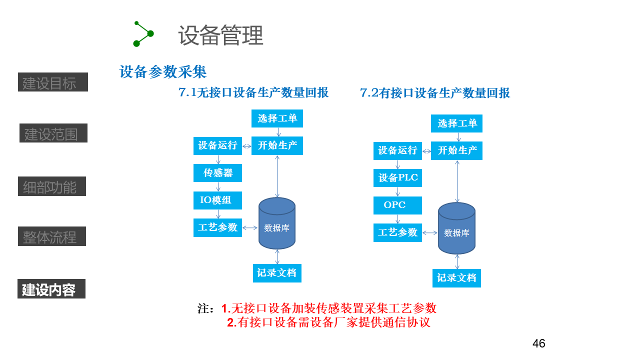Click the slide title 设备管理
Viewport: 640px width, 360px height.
pyautogui.click(x=220, y=35)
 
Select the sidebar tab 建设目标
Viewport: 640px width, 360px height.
pyautogui.click(x=53, y=82)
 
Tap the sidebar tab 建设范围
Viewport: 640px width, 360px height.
pyautogui.click(x=53, y=133)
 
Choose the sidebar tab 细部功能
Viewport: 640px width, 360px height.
pyautogui.click(x=52, y=186)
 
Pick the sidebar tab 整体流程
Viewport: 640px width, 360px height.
pyautogui.click(x=52, y=236)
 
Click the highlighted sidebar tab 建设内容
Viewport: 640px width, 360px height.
pyautogui.click(x=51, y=289)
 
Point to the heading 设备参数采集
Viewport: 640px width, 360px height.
pyautogui.click(x=163, y=72)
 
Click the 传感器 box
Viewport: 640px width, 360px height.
pyautogui.click(x=217, y=173)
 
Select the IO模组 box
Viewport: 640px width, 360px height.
pyautogui.click(x=217, y=200)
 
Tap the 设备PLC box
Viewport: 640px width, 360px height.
pyautogui.click(x=397, y=178)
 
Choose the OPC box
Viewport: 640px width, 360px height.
pyautogui.click(x=397, y=205)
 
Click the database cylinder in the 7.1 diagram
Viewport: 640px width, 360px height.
pyautogui.click(x=277, y=223)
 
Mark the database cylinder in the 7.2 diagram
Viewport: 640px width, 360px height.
pyautogui.click(x=456, y=228)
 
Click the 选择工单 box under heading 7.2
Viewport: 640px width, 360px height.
pyautogui.click(x=456, y=123)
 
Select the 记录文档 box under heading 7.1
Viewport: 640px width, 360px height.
pyautogui.click(x=277, y=273)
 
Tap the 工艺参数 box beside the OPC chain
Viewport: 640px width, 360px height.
pyautogui.click(x=397, y=232)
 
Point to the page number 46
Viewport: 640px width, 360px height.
pyautogui.click(x=538, y=343)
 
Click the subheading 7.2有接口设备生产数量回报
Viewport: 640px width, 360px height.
pyautogui.click(x=435, y=93)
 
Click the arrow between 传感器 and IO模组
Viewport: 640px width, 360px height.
pyautogui.click(x=218, y=186)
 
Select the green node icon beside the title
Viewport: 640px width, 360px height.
pyautogui.click(x=143, y=33)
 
